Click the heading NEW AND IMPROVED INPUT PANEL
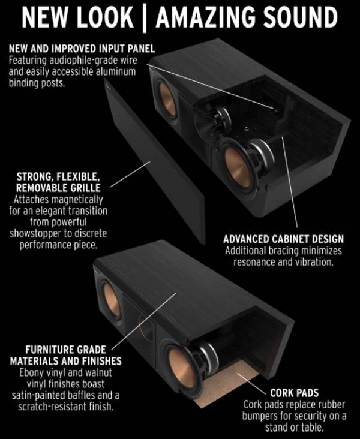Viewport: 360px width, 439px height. click(82, 49)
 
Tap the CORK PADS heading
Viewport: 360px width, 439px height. click(295, 393)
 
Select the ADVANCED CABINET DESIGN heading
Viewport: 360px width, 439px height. click(284, 239)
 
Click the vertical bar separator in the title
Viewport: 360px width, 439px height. click(145, 18)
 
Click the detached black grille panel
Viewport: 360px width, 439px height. click(155, 161)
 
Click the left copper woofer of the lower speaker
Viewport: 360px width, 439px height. click(111, 300)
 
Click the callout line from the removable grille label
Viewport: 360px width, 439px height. click(130, 174)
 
